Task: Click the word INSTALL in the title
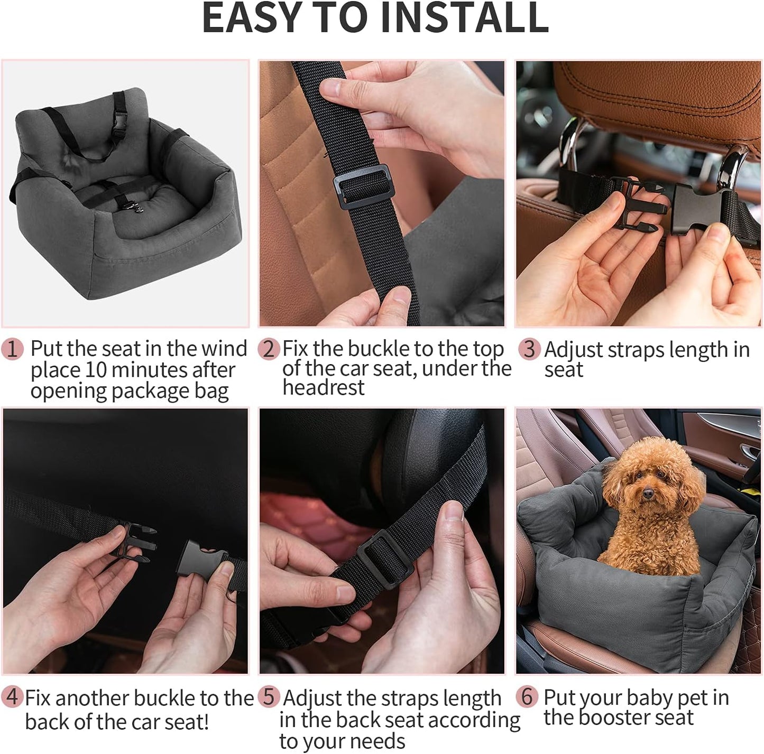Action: (464, 18)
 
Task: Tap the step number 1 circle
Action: (12, 349)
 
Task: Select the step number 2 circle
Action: (269, 349)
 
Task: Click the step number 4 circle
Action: (12, 697)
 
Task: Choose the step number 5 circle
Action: (269, 697)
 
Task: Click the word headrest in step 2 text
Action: (323, 388)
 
